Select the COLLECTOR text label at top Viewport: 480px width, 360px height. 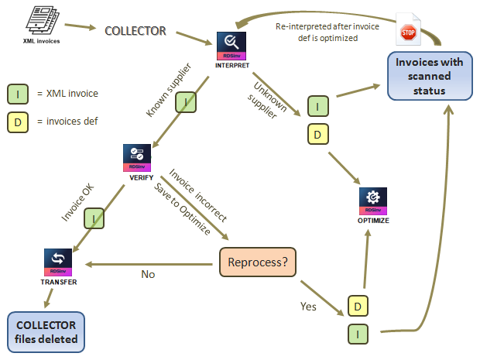(x=135, y=31)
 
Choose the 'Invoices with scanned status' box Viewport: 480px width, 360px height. (x=431, y=74)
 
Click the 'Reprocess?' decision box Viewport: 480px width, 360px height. (x=259, y=263)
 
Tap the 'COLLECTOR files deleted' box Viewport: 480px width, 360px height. (x=47, y=331)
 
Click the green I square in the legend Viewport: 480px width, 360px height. (x=18, y=94)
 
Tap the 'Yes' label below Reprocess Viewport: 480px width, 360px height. (x=309, y=307)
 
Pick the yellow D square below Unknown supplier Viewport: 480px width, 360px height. (x=317, y=134)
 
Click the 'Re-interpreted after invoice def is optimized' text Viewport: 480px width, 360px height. (x=327, y=31)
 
